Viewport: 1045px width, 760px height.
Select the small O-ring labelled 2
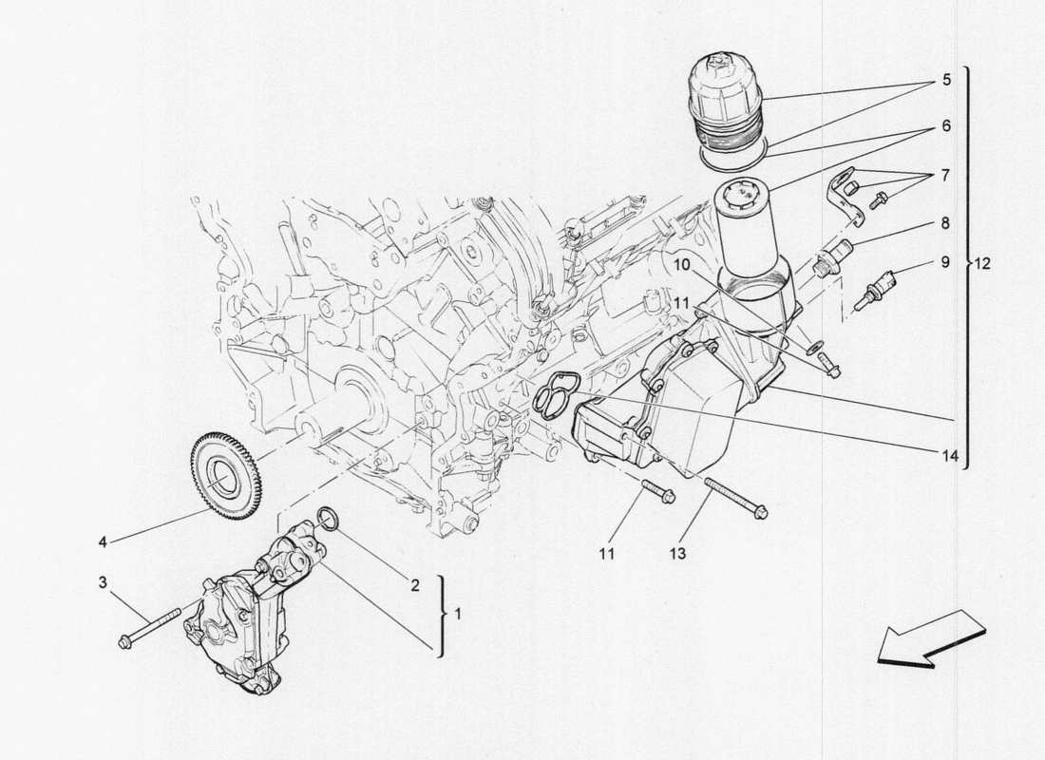coord(326,517)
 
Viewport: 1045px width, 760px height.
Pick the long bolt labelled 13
coord(736,499)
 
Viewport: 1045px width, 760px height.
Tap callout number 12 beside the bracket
coord(982,265)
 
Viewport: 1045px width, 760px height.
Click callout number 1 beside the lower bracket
coord(457,615)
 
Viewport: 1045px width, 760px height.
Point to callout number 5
coord(946,81)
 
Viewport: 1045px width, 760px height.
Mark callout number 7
coord(946,176)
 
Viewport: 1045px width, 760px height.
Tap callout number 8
coord(946,223)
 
